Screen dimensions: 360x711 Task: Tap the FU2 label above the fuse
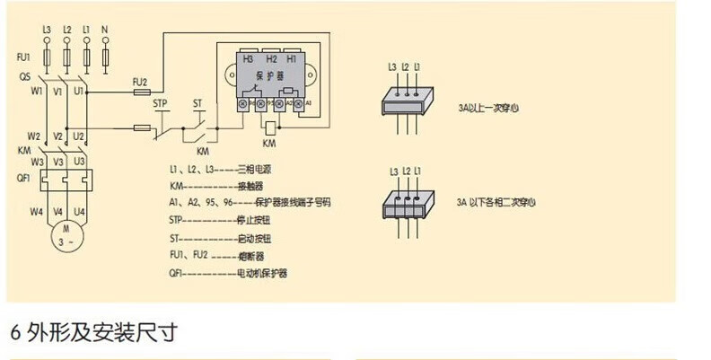point(139,80)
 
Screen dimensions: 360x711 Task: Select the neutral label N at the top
point(106,30)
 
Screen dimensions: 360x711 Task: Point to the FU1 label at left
point(24,57)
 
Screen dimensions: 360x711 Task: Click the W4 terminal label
point(35,212)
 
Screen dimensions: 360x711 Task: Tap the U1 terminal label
point(79,91)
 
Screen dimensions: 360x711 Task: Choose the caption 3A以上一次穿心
point(487,107)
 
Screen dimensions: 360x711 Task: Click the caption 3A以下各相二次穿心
point(495,203)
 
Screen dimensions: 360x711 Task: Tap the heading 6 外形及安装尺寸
point(93,331)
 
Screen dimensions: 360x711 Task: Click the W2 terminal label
point(35,136)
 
